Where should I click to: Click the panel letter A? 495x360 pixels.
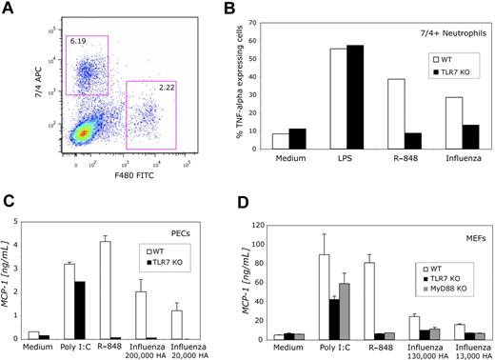(10, 10)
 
